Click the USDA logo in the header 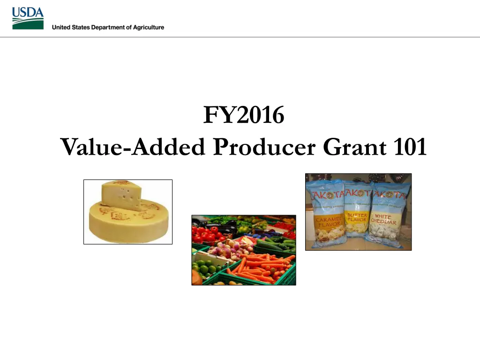click(28, 18)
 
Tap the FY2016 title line click(243, 115)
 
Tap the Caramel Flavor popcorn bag click(325, 213)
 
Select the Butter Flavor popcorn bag click(357, 213)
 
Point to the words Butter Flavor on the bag click(357, 218)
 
